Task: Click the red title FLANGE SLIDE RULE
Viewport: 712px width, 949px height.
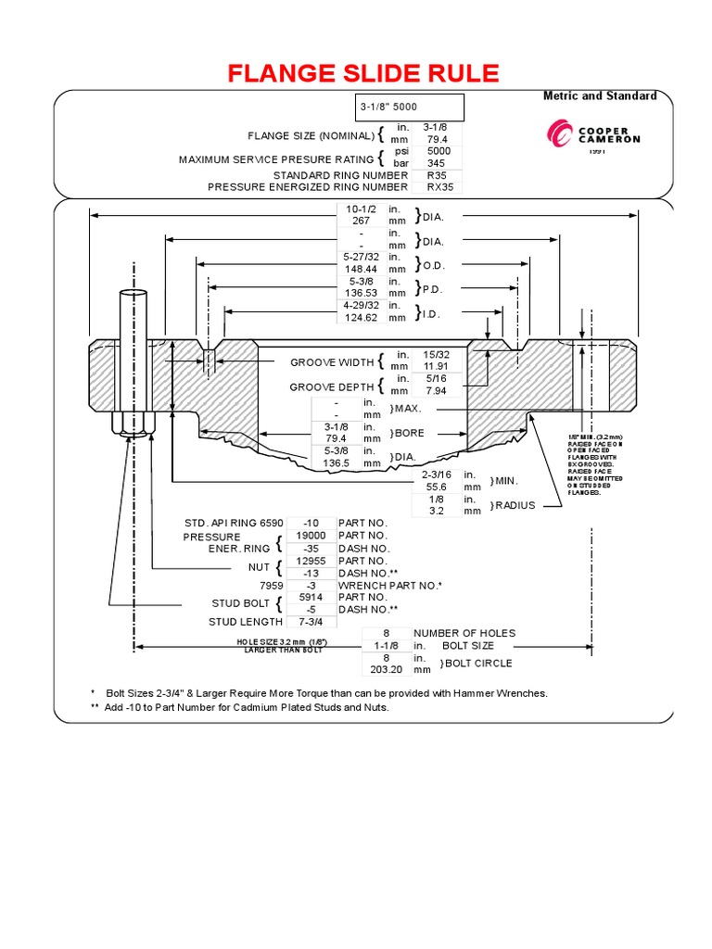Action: [363, 74]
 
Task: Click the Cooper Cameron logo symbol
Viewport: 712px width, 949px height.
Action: [562, 137]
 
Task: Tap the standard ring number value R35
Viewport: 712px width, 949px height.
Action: [437, 174]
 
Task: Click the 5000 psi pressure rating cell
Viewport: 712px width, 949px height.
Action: [439, 150]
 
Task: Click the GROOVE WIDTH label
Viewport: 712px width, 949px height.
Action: [332, 362]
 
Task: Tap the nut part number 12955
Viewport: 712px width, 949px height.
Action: [311, 561]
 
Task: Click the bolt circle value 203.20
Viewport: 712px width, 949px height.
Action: [386, 668]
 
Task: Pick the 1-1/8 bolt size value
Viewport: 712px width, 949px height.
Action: [386, 645]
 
